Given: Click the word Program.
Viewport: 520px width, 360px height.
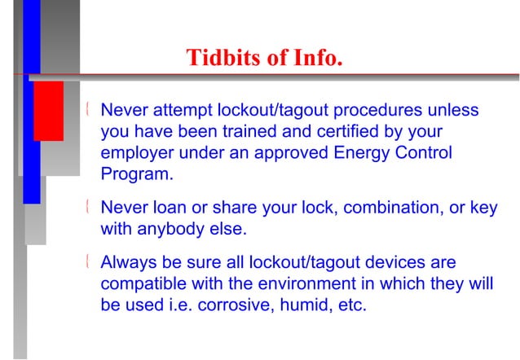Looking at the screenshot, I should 137,174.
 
